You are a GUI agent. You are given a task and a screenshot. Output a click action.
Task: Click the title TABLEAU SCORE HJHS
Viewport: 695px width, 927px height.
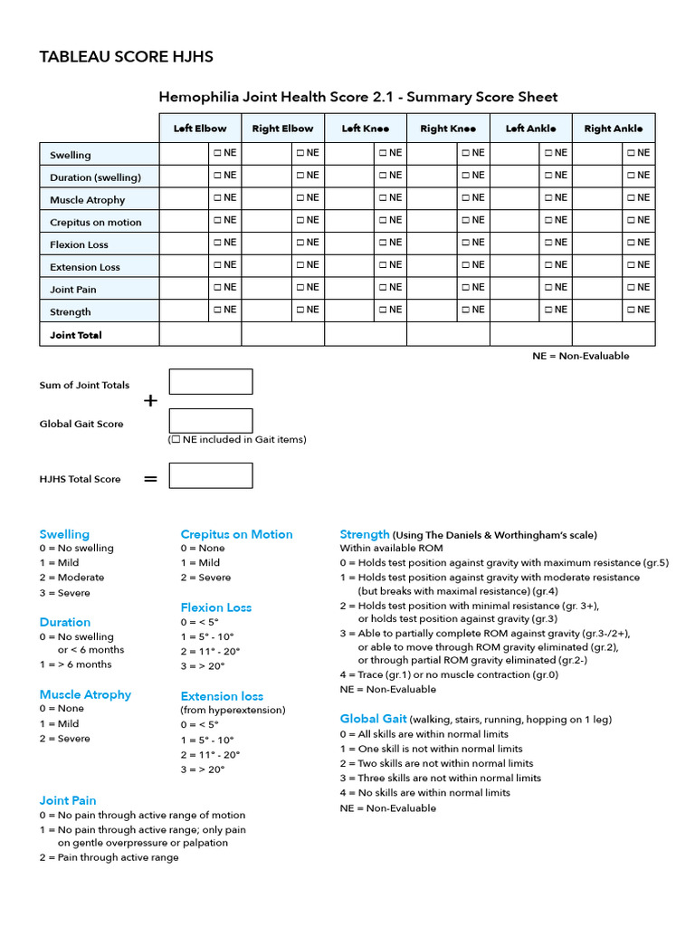(126, 57)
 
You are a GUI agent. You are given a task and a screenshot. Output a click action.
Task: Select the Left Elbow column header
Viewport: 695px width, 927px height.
(200, 129)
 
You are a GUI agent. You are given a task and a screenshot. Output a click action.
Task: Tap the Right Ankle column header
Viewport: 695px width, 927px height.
(614, 129)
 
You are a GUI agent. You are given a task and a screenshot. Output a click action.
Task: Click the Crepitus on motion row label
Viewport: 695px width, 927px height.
(96, 223)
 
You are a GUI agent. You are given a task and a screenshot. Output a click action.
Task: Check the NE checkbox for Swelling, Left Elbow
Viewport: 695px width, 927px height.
(218, 153)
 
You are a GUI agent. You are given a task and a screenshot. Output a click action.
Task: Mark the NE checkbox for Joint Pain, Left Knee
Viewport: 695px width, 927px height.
(383, 287)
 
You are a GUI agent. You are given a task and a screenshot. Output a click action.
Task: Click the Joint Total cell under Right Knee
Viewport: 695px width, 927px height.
(448, 334)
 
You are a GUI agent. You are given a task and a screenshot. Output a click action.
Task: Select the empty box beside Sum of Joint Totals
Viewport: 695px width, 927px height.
(211, 382)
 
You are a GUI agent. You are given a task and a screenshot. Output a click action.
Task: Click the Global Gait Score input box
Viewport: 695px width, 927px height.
(211, 421)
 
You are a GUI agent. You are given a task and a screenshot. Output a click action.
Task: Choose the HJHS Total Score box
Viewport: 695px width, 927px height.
(211, 476)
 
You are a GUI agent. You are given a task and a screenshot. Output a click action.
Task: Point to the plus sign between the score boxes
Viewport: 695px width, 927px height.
(150, 401)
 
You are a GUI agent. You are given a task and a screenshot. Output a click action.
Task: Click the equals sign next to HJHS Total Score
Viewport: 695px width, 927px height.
(150, 479)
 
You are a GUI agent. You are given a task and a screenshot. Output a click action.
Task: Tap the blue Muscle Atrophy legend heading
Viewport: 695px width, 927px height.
(85, 695)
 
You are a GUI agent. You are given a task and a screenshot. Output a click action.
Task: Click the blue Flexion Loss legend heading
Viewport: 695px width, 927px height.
(215, 607)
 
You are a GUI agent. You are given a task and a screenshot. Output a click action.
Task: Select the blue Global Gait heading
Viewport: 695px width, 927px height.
(373, 719)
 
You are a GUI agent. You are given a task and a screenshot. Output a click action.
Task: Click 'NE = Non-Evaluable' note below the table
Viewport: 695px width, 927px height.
(580, 356)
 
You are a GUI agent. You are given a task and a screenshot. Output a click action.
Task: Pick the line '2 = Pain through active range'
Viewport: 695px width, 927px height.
(109, 857)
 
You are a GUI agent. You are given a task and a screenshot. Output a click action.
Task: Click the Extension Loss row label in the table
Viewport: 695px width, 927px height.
(85, 268)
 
